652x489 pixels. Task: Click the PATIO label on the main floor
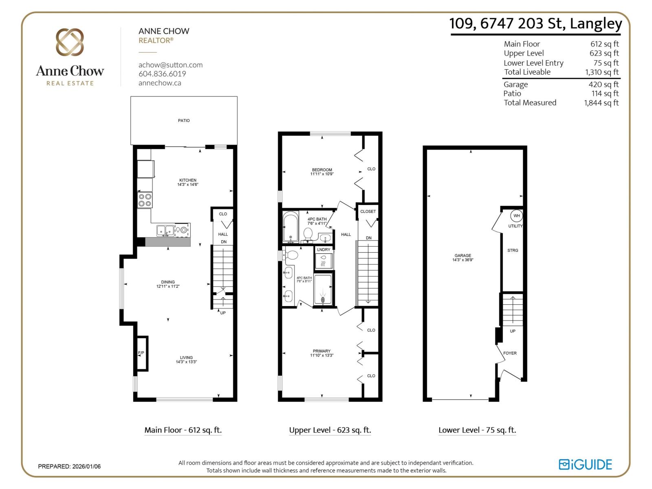pos(184,121)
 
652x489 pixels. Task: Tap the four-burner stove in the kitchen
pos(145,200)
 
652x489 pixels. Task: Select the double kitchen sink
pos(165,230)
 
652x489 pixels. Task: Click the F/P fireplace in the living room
pos(141,353)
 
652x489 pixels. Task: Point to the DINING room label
pos(168,282)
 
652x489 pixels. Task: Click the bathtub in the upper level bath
pos(290,227)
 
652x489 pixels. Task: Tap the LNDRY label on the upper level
pos(324,250)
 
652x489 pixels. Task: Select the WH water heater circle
pos(517,216)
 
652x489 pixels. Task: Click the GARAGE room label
pos(463,256)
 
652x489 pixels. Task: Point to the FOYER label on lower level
pos(510,353)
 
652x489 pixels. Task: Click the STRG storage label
pos(513,251)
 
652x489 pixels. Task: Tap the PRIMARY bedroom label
pos(322,351)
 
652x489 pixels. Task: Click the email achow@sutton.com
pos(170,65)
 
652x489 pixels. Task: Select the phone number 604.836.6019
pos(162,74)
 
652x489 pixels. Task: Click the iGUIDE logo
pos(585,465)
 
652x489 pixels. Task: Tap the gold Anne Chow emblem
pos(70,42)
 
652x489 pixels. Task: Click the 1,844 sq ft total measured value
pos(601,103)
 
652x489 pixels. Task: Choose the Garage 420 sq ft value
pos(604,85)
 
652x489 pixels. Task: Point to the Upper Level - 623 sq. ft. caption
pos(330,430)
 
